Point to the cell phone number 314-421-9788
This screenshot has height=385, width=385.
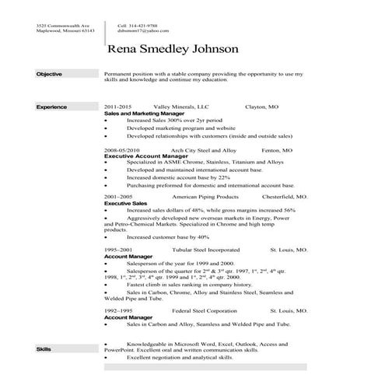click(x=141, y=26)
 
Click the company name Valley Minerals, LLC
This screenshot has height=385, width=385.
click(x=176, y=105)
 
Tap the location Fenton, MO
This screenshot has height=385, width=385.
click(x=277, y=149)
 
